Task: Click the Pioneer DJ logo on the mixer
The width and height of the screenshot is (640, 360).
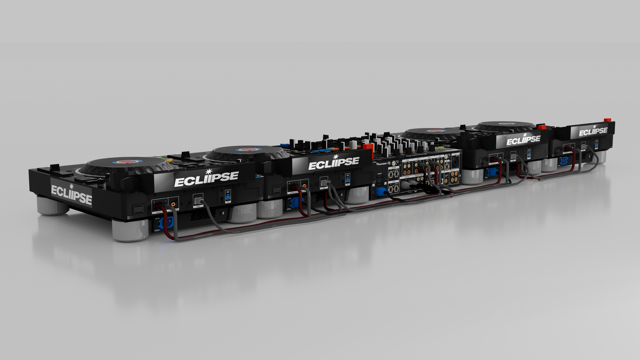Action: click(383, 164)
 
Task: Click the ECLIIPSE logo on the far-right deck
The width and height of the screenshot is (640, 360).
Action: click(593, 131)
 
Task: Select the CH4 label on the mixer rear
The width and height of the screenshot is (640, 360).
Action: click(407, 161)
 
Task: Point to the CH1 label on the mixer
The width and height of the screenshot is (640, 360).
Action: click(440, 156)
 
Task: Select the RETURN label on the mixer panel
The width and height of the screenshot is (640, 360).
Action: click(394, 168)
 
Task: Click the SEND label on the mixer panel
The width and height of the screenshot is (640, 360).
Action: click(393, 182)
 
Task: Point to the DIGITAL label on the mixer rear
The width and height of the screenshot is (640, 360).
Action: click(452, 171)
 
